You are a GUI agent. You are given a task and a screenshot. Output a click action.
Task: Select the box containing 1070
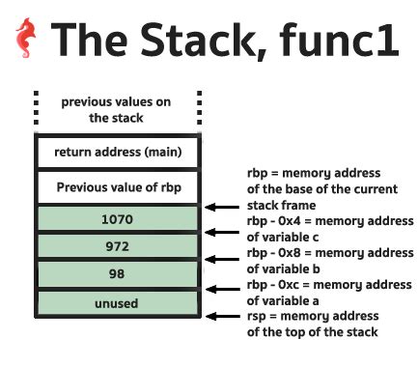click(x=116, y=219)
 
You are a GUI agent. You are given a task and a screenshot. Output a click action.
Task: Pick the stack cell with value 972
click(x=116, y=247)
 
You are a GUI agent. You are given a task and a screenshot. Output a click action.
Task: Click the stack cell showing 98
click(x=116, y=275)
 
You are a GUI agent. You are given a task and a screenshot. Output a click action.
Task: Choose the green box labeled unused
click(x=116, y=303)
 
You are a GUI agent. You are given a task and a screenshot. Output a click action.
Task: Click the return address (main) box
click(x=116, y=152)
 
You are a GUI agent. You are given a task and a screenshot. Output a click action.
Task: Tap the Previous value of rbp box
click(x=116, y=186)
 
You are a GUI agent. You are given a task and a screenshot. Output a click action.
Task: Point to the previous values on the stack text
click(x=116, y=109)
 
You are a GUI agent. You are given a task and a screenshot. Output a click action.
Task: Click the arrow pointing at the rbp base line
click(x=224, y=205)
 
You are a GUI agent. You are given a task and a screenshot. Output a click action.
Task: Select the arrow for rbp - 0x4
click(x=224, y=233)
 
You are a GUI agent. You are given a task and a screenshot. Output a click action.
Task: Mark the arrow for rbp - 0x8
click(x=224, y=261)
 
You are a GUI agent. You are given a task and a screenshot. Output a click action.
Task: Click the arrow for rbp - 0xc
click(x=224, y=289)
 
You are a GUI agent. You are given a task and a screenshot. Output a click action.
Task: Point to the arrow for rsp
click(x=224, y=316)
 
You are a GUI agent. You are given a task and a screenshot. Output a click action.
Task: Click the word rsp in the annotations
click(x=258, y=316)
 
